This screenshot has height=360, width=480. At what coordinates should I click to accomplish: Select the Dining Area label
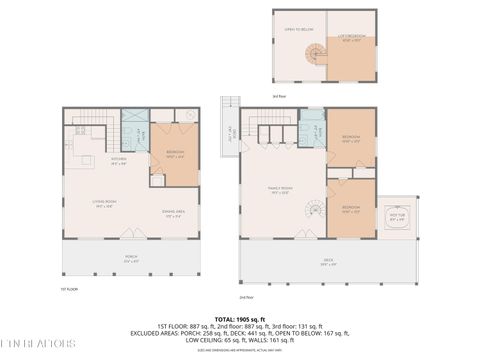point(172,212)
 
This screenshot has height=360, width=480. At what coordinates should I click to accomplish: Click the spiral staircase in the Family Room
point(314,211)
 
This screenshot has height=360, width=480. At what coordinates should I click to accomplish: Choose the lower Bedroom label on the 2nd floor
point(351,208)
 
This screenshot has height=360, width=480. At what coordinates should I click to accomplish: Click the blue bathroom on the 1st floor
point(134,129)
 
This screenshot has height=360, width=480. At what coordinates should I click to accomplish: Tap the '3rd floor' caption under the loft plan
point(279,96)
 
